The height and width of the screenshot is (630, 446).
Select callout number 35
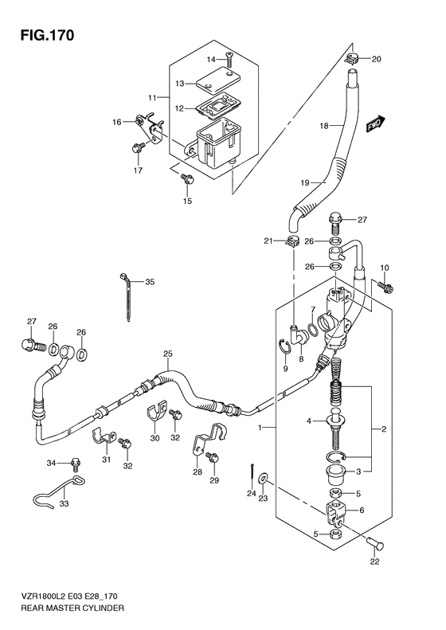tap(150, 282)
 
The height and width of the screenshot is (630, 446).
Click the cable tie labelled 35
tap(127, 294)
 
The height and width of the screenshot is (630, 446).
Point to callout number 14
tap(212, 60)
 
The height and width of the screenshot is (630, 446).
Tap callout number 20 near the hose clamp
tap(377, 58)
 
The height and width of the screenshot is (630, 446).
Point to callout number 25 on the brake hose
tap(167, 354)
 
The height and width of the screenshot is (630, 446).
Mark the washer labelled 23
tap(264, 480)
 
